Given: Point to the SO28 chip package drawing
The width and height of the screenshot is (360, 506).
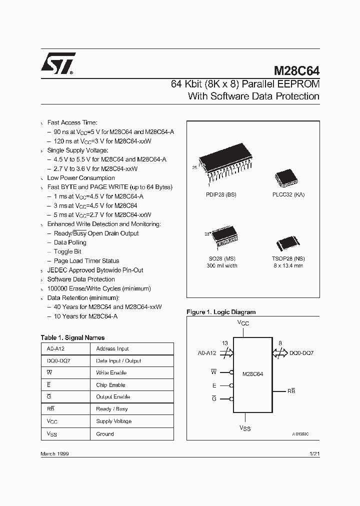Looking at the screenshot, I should click(230, 237).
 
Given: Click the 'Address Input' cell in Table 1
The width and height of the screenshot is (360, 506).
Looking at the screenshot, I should click(112, 348).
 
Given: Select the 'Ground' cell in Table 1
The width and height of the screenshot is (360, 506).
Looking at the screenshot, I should click(105, 434).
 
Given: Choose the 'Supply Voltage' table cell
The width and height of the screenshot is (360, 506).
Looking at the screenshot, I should click(113, 421).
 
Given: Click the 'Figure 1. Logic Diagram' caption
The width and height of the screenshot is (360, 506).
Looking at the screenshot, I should click(221, 312).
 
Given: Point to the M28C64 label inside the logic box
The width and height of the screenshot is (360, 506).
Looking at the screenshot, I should click(252, 373).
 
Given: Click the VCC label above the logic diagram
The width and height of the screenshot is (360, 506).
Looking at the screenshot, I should click(243, 323).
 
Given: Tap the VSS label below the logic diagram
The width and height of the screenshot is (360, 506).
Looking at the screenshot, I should click(245, 428).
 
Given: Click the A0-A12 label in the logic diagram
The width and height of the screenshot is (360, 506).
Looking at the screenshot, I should click(207, 353).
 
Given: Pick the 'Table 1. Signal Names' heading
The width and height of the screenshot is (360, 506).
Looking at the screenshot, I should click(72, 337).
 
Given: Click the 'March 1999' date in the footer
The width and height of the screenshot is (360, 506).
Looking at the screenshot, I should click(54, 453).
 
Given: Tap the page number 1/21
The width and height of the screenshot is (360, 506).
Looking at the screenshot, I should click(314, 453).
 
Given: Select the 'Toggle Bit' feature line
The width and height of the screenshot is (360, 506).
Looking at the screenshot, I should click(67, 251).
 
